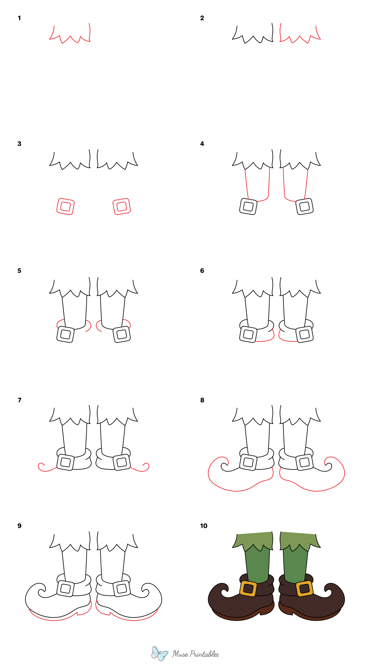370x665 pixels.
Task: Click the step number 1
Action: [x=19, y=18]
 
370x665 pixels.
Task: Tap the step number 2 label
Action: [x=202, y=18]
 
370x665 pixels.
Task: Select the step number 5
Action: [x=19, y=271]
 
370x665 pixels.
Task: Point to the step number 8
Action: [x=202, y=400]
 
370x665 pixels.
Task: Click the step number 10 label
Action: [x=203, y=526]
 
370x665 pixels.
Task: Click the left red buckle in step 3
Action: [x=65, y=206]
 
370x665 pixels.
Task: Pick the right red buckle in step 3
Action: [x=121, y=206]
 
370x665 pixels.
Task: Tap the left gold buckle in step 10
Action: [x=248, y=589]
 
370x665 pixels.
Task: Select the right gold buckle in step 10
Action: [x=305, y=588]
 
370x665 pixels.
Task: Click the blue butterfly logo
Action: [x=159, y=653]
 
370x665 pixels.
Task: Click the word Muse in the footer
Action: [x=180, y=654]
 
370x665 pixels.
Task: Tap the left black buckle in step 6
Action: [x=248, y=334]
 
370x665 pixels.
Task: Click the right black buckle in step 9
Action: [x=121, y=589]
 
